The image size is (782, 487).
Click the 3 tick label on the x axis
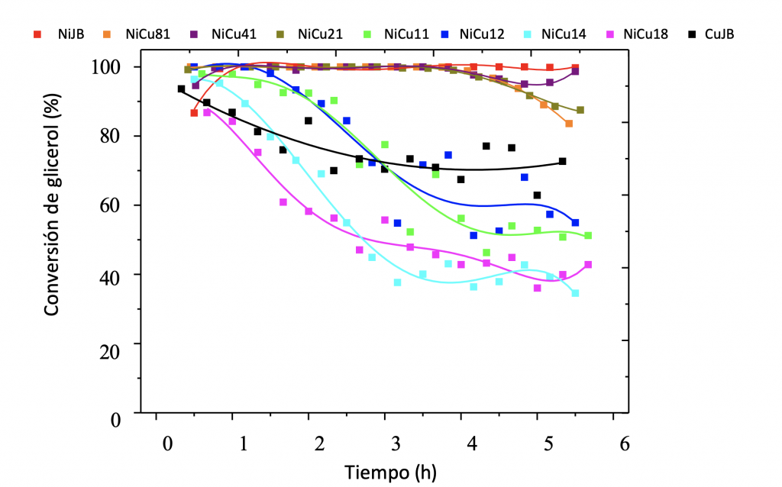pos(396,444)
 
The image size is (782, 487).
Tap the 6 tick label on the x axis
pos(625,444)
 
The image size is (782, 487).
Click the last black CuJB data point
pos(562,161)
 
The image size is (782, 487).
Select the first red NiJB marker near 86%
pos(194,113)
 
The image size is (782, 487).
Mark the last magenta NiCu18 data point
pos(588,265)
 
